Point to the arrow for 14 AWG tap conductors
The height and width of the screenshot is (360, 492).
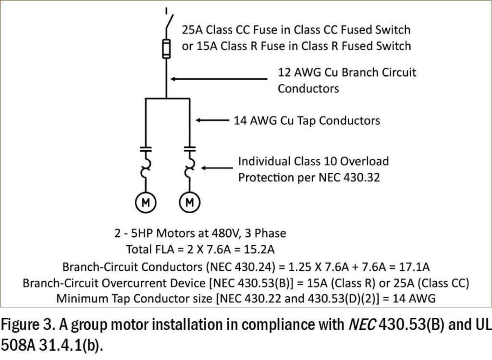coord(211,120)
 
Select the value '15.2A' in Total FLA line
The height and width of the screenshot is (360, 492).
coord(263,250)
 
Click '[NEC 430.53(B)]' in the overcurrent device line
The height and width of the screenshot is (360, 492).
coord(219,282)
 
